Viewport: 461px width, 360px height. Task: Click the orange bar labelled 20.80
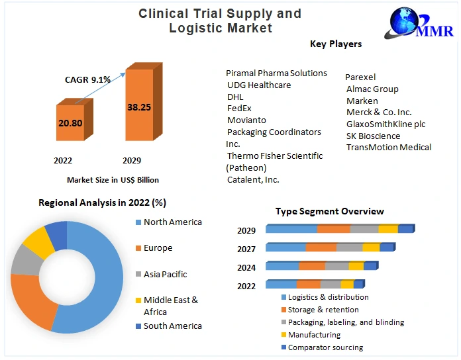pos(70,122)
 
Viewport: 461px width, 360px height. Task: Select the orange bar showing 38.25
pos(139,106)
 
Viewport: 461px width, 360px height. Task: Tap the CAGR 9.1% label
pos(87,79)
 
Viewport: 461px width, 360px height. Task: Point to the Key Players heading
pos(336,44)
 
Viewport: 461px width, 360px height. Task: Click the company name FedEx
pos(239,108)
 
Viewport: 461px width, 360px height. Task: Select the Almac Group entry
pos(372,89)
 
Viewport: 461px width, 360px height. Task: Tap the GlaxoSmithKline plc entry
pos(385,124)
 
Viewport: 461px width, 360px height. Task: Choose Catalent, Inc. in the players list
pos(253,179)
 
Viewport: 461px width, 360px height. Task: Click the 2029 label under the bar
pos(132,160)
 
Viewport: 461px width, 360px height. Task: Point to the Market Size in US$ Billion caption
pos(113,179)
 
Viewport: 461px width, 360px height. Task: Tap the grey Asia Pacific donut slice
pos(25,260)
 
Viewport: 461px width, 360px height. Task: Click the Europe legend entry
pos(158,248)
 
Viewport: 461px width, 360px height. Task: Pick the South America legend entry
pos(172,326)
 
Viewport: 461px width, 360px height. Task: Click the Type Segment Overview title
pos(329,211)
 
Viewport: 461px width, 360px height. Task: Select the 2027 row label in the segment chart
pos(246,249)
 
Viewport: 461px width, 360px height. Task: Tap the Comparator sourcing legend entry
pos(325,347)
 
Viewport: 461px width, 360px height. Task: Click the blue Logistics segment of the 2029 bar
pos(291,229)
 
